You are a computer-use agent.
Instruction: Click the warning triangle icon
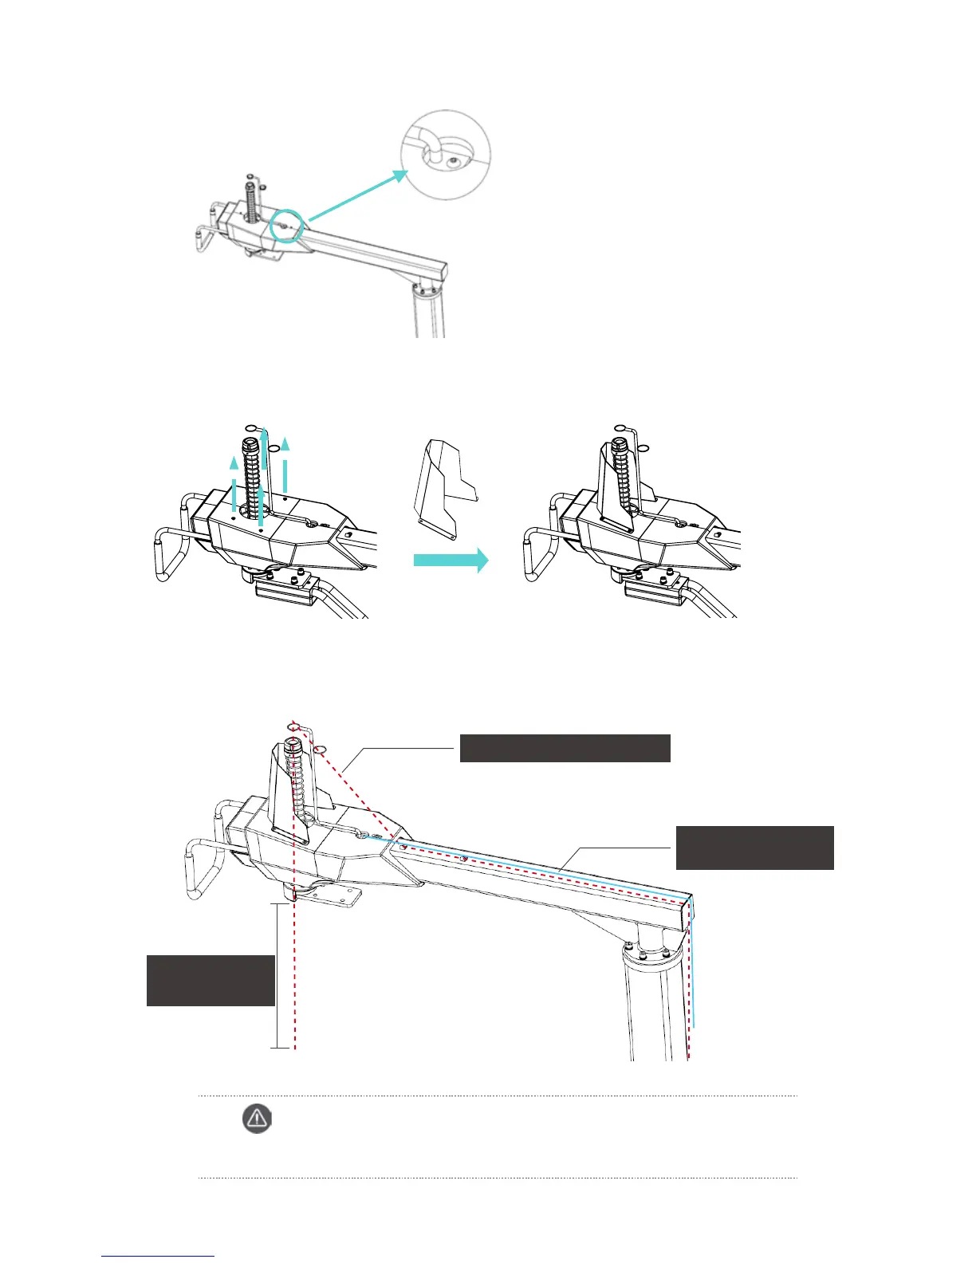click(x=256, y=1119)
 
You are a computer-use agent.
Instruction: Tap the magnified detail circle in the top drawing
click(x=445, y=155)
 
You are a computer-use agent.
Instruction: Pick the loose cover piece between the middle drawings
click(x=445, y=486)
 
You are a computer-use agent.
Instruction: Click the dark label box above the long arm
click(x=565, y=749)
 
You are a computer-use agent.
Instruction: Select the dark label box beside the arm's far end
click(x=754, y=848)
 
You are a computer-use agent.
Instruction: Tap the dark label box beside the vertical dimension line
click(x=211, y=979)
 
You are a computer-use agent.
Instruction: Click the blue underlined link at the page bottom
click(x=158, y=1256)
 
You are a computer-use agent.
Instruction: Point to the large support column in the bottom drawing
click(x=654, y=1005)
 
